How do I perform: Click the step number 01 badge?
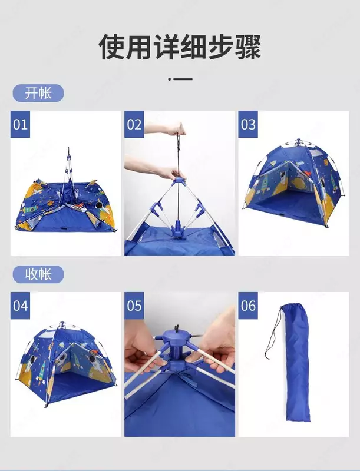click(x=20, y=124)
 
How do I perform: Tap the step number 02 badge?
click(x=134, y=124)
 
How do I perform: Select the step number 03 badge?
click(x=248, y=124)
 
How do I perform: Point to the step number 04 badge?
click(x=20, y=306)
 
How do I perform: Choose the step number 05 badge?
click(x=134, y=306)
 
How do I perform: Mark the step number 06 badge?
click(x=248, y=306)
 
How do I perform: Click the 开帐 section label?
click(x=38, y=93)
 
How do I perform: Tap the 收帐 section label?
click(x=38, y=274)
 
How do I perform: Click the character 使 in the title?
click(x=111, y=47)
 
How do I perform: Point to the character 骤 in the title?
click(x=248, y=47)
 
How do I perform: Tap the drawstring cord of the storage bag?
click(x=272, y=333)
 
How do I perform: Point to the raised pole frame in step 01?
click(x=68, y=168)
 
